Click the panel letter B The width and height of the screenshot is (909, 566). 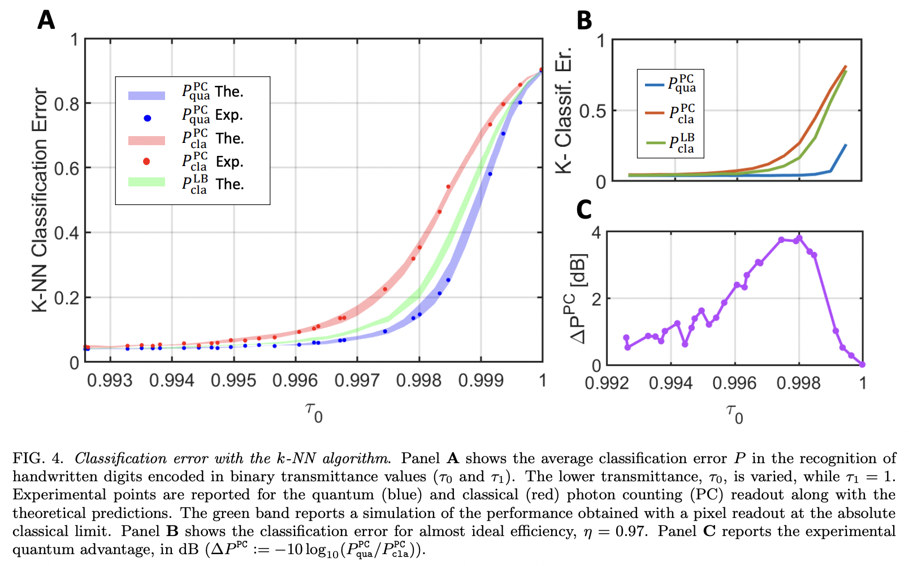pyautogui.click(x=584, y=21)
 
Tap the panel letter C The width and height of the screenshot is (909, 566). pyautogui.click(x=583, y=210)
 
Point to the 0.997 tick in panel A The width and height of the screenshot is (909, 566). pyautogui.click(x=357, y=381)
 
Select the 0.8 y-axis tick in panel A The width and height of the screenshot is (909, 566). pyautogui.click(x=67, y=105)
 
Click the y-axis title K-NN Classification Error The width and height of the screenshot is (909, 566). pyautogui.click(x=40, y=200)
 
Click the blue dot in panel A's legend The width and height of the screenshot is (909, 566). pyautogui.click(x=147, y=118)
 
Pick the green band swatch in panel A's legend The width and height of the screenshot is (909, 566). pyautogui.click(x=146, y=182)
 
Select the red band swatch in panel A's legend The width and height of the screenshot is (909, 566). pyautogui.click(x=146, y=141)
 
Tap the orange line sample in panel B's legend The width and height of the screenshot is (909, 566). pyautogui.click(x=655, y=113)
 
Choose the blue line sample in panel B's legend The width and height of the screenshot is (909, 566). pyautogui.click(x=655, y=85)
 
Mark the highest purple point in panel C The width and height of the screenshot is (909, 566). pyautogui.click(x=799, y=238)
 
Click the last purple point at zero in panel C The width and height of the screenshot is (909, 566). pyautogui.click(x=862, y=364)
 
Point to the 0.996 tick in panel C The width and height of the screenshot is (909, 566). pyautogui.click(x=734, y=384)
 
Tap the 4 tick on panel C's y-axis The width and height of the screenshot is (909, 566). pyautogui.click(x=596, y=232)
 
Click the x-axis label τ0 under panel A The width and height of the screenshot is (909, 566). pyautogui.click(x=314, y=412)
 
